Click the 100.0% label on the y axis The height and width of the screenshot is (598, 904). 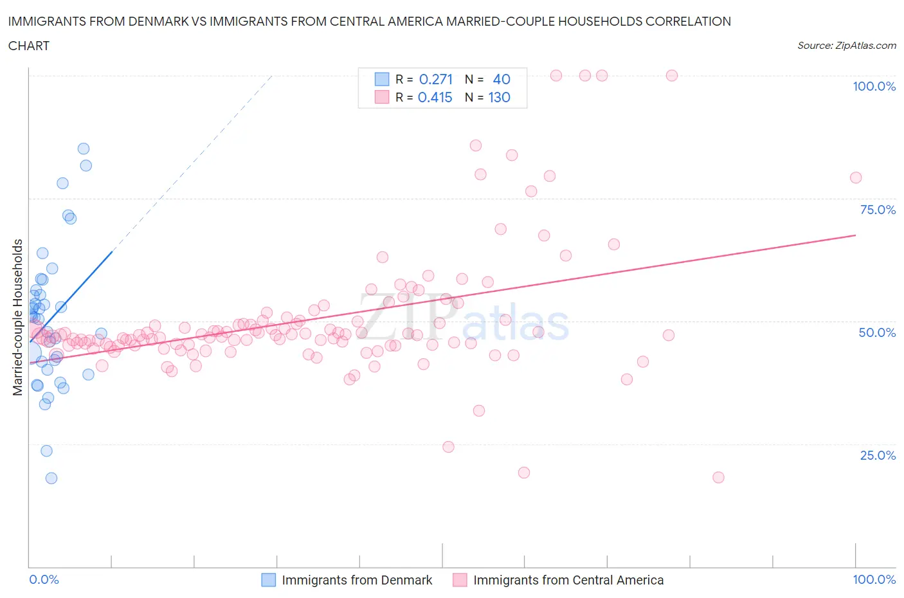tap(874, 87)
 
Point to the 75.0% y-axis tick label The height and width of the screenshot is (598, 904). tap(878, 210)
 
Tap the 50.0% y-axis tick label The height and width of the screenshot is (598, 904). tap(877, 332)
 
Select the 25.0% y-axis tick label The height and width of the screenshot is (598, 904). tap(878, 455)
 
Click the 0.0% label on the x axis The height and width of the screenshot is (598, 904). tap(44, 579)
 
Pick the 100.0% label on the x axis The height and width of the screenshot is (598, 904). tap(874, 579)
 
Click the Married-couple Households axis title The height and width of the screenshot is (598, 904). tap(18, 317)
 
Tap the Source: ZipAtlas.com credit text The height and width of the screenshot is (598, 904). tap(846, 46)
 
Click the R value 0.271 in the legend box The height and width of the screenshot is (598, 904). tap(436, 79)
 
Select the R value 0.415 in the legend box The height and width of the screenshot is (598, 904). tap(435, 98)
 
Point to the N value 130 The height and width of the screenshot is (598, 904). tap(500, 98)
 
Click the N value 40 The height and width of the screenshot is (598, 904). tap(502, 79)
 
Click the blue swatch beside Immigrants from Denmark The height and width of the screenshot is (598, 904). tap(268, 580)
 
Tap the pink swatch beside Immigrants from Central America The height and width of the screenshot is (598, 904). tap(460, 580)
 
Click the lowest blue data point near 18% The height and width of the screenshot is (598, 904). tap(51, 478)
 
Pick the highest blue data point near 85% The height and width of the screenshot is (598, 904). tap(84, 149)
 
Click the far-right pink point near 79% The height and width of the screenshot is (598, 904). tap(856, 177)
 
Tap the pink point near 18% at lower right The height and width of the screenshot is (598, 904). tap(719, 477)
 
